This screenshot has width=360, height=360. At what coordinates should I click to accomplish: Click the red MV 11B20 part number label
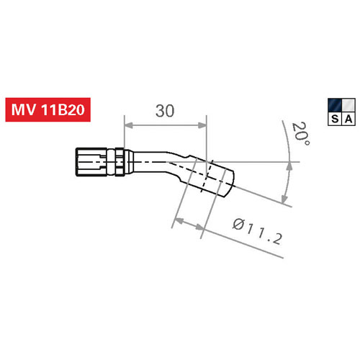coord(48,109)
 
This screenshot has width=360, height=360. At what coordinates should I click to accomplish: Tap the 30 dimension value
coord(165,111)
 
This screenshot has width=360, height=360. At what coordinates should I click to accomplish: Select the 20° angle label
coord(300,134)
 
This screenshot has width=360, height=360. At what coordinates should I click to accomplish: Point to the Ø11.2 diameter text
coord(257,232)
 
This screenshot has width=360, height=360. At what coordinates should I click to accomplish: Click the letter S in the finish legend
coord(335,119)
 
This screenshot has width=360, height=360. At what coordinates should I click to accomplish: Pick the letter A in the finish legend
coord(348,119)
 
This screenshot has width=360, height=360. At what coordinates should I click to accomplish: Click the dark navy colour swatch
coord(335,105)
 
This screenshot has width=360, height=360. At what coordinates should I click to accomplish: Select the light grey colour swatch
coord(348,105)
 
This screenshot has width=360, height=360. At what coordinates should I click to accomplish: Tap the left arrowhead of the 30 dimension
coord(129,125)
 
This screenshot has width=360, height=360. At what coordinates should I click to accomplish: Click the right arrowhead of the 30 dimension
coord(202,125)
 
